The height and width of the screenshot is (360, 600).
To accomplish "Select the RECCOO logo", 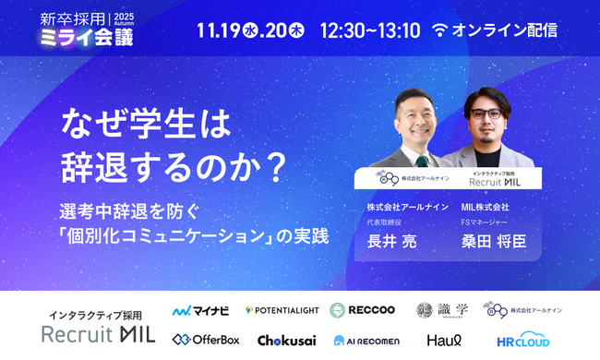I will [364, 310].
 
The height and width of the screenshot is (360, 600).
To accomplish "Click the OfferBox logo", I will [205, 340].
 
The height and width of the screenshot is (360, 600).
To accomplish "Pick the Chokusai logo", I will [287, 340].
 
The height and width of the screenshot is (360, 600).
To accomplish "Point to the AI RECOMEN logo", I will [366, 340].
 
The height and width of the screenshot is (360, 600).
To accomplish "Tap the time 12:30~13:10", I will [369, 30].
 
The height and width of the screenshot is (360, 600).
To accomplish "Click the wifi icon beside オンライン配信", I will [439, 30].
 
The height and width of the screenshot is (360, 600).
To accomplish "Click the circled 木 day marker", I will [296, 30].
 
